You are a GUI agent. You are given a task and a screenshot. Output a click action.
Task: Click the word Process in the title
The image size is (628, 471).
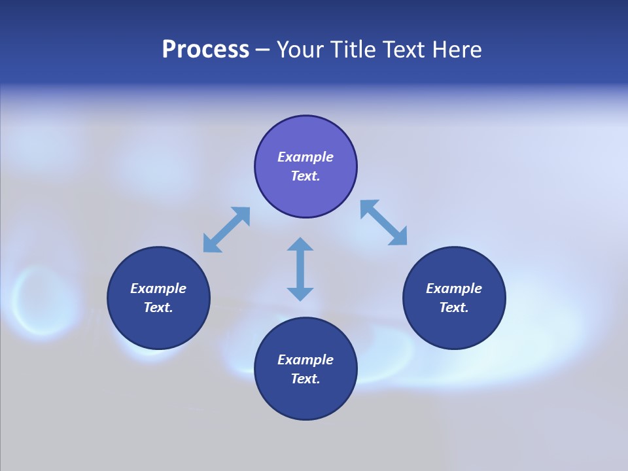205,50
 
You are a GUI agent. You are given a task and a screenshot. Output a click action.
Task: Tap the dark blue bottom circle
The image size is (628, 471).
305,399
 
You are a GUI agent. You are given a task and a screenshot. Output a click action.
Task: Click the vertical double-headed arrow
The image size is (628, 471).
300,270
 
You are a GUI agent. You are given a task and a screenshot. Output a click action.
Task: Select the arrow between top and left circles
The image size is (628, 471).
226,230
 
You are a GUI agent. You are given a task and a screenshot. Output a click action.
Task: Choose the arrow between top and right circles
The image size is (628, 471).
383,222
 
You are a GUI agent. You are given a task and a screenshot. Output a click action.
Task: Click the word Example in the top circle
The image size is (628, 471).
305,157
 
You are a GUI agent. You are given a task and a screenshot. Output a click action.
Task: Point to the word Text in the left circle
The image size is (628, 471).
158,307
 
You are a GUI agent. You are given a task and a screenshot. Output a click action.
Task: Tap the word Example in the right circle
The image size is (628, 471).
454,288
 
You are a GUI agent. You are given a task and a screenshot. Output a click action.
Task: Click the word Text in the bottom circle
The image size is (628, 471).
305,379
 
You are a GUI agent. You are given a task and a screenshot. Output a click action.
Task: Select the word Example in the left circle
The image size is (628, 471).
158,288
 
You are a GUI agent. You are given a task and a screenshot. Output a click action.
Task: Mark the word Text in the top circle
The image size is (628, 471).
305,176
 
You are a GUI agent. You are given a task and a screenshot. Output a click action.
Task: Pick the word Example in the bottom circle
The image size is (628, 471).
305,360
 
